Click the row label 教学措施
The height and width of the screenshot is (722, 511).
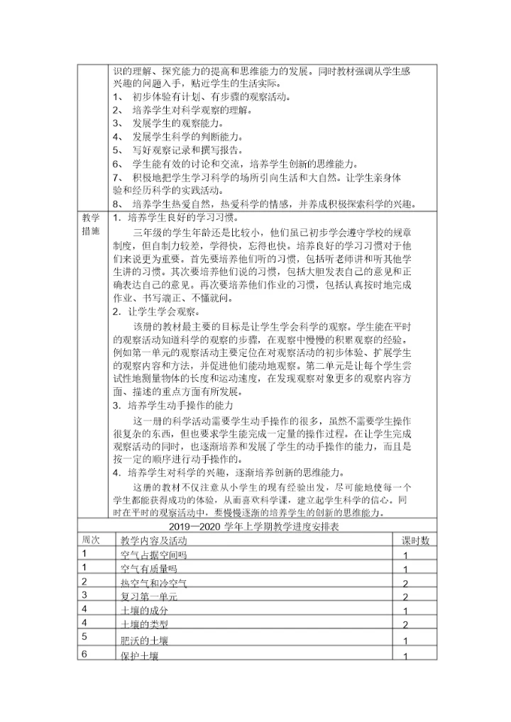click(91, 223)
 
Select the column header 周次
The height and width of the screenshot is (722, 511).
click(91, 540)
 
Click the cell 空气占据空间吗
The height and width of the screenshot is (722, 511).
click(153, 555)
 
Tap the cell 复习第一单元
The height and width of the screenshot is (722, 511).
click(149, 597)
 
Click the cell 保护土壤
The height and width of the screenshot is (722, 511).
click(140, 656)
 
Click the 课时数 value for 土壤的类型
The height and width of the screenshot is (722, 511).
click(405, 625)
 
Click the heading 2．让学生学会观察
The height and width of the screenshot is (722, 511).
click(155, 312)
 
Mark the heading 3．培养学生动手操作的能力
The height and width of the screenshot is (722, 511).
click(172, 406)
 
